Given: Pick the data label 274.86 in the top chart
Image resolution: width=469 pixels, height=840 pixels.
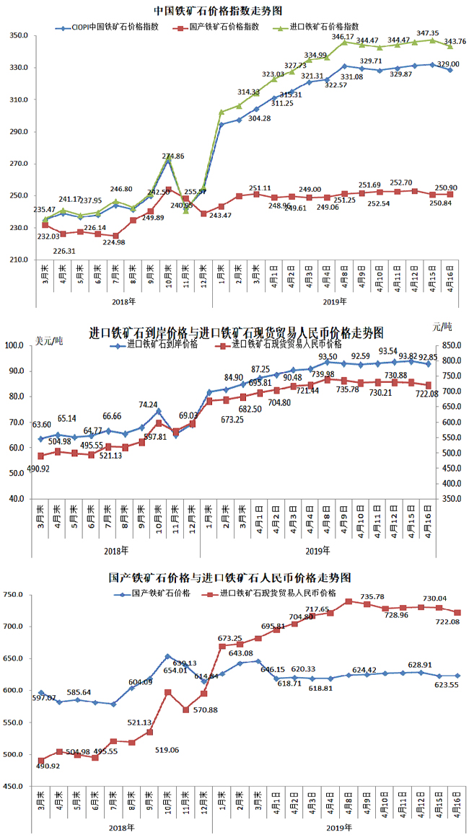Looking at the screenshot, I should [x=173, y=156].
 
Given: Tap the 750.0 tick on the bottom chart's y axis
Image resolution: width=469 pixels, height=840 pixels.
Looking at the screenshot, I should [x=17, y=595].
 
